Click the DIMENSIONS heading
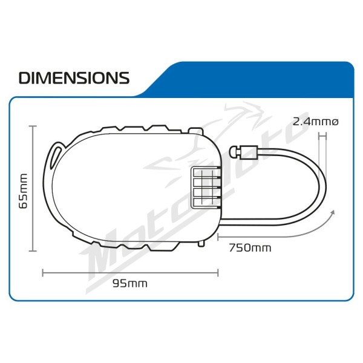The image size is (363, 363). (x=74, y=78)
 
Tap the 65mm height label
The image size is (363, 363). (x=24, y=191)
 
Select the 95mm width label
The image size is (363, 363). (x=130, y=284)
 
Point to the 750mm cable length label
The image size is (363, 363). (x=250, y=248)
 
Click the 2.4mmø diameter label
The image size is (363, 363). (x=316, y=122)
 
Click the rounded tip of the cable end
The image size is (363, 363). (x=233, y=152)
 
